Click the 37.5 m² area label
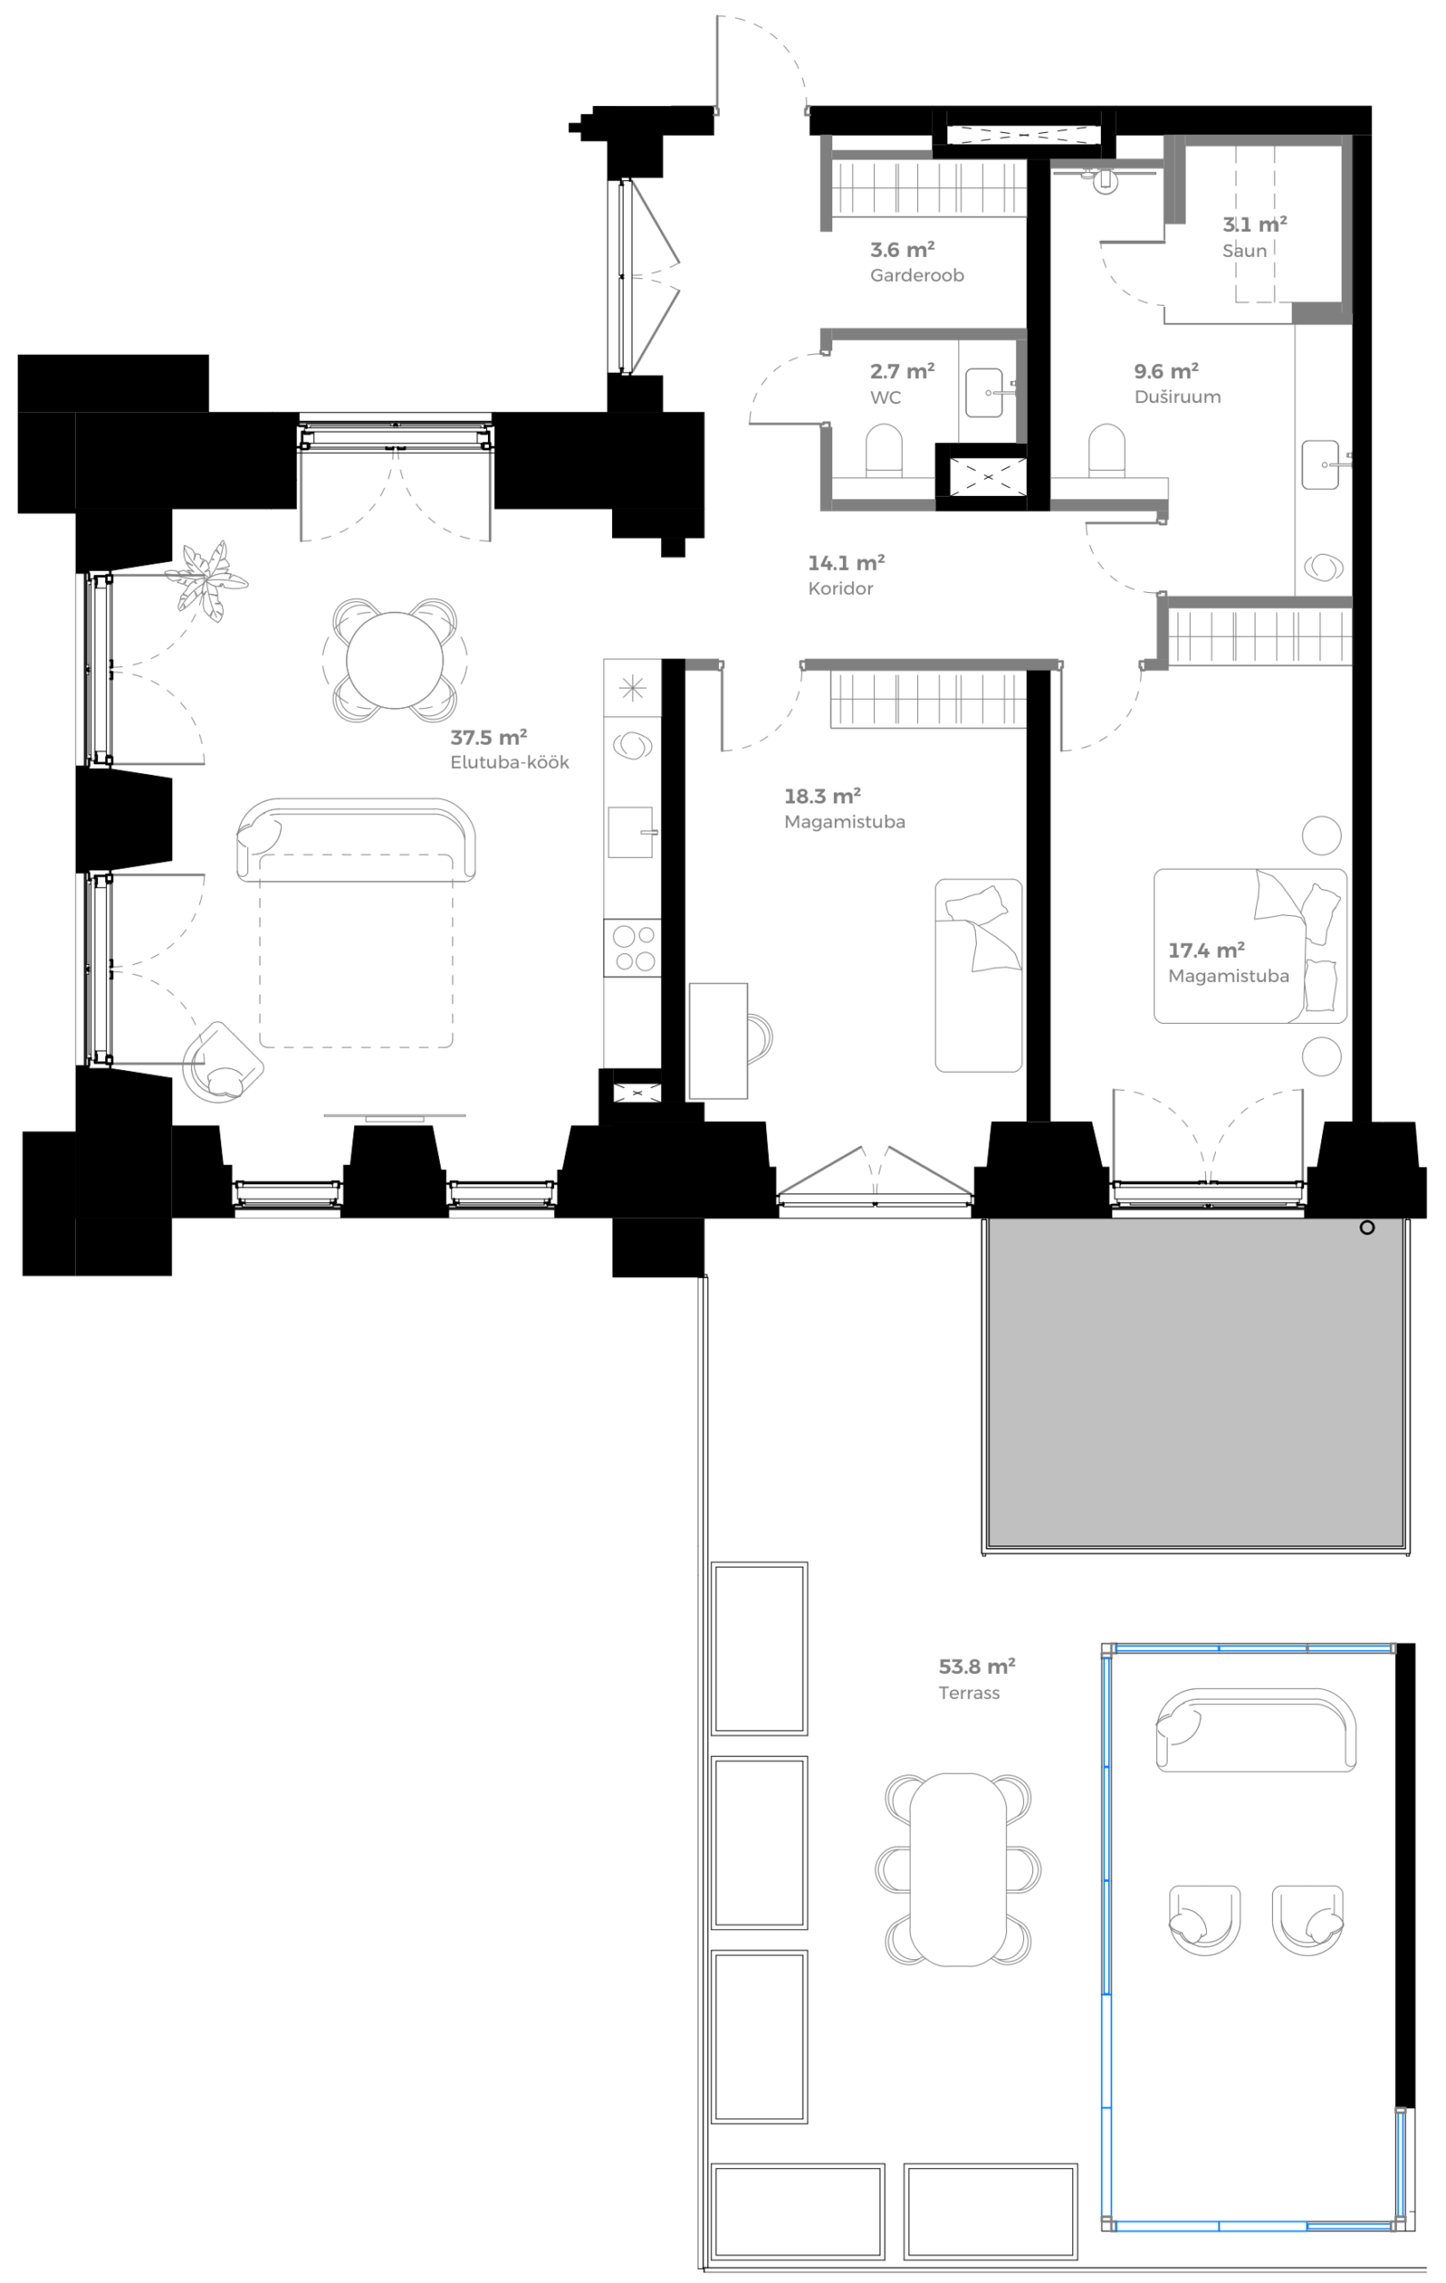tap(488, 738)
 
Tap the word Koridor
tap(840, 589)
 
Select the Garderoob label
tap(917, 276)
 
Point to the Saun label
tap(1244, 251)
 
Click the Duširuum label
tap(1177, 397)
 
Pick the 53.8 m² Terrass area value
tap(976, 1667)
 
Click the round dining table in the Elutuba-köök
tap(394, 661)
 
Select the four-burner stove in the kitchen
tap(633, 947)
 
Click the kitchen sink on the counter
tap(631, 832)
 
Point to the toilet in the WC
tap(884, 449)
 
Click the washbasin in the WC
tap(983, 392)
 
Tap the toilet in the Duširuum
tap(1105, 449)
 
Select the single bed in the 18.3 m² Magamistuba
tap(978, 976)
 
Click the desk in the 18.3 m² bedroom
tap(718, 1040)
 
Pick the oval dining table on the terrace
tap(958, 1868)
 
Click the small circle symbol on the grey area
tap(1367, 1228)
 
